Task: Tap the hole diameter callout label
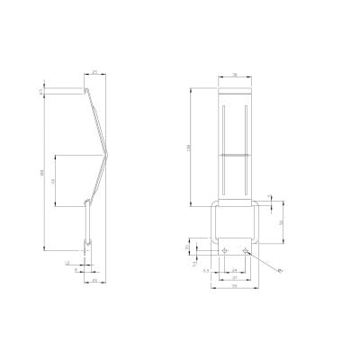[x=280, y=270]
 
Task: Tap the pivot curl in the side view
[x=87, y=202]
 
